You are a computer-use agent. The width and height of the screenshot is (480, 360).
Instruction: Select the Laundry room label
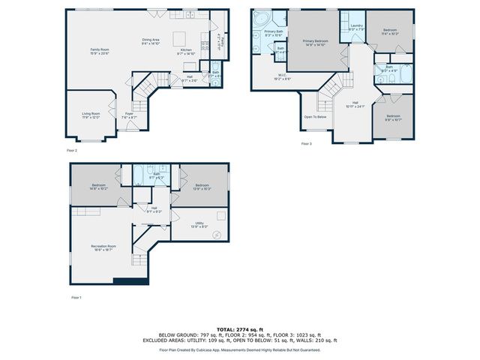pos(356,27)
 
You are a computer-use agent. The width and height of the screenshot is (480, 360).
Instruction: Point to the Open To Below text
pos(315,117)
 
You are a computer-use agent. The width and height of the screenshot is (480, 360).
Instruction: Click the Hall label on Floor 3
pos(355,104)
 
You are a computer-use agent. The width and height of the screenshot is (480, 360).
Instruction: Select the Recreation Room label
pos(103,247)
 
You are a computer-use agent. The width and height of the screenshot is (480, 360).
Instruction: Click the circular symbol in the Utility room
pos(217,235)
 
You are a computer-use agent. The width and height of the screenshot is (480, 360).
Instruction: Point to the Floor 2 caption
pos(72,150)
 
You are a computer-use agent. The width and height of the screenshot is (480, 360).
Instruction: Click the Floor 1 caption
pos(76,298)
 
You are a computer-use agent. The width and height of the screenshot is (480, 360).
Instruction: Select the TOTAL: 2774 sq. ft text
pos(239,329)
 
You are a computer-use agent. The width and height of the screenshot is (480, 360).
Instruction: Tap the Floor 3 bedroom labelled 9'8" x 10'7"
pos(393,118)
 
